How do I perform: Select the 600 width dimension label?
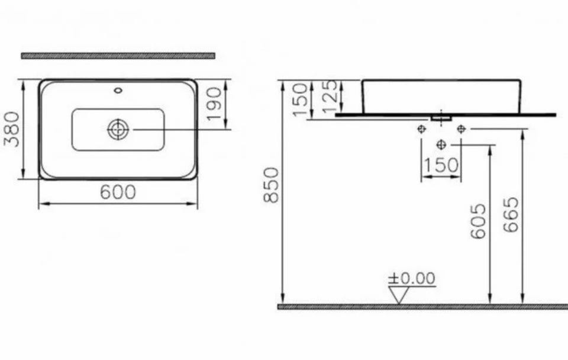pos(118,192)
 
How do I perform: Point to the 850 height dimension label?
pos(272,185)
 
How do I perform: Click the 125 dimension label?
pos(330,96)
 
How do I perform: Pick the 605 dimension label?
pos(478,221)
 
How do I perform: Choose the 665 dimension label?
pos(511,214)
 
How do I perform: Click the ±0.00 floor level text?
pos(412,278)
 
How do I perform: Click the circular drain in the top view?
pos(118,130)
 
